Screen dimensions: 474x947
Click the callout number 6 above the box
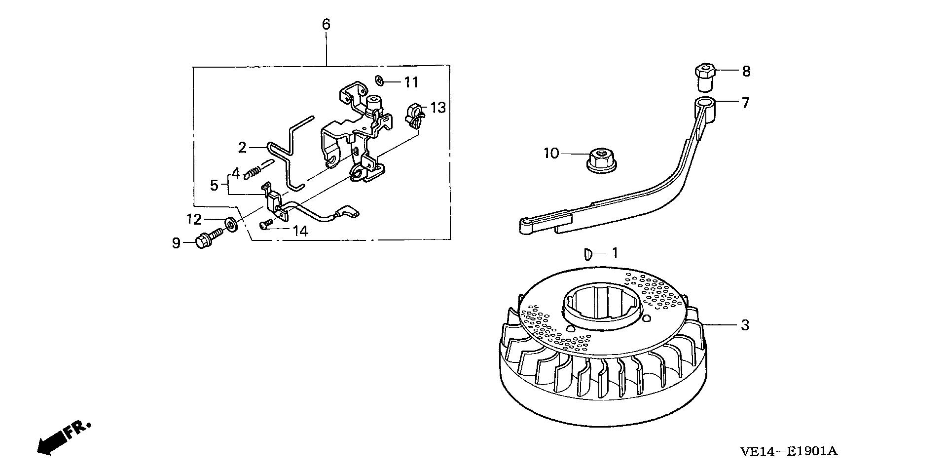coord(326,24)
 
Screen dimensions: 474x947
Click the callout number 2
coord(242,147)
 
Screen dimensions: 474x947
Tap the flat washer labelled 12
coord(230,224)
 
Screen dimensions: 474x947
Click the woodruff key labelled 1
coord(587,254)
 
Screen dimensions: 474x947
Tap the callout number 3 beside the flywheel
coord(745,325)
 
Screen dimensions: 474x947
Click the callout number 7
coord(745,103)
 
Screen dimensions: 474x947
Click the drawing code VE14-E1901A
coord(789,451)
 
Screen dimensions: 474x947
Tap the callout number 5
coord(214,185)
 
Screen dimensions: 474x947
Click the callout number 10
coord(551,154)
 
